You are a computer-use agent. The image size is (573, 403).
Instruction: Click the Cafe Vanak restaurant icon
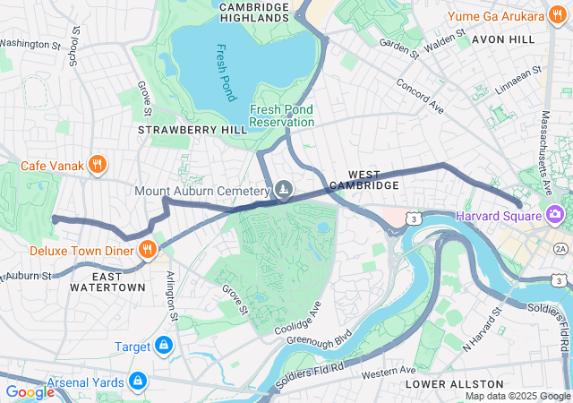(x=98, y=164)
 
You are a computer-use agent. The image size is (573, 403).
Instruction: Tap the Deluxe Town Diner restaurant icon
(x=148, y=249)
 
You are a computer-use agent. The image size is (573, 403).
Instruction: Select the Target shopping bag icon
(x=163, y=346)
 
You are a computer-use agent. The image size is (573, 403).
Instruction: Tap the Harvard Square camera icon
(x=554, y=215)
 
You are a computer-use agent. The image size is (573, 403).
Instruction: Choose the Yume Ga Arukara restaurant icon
(x=557, y=16)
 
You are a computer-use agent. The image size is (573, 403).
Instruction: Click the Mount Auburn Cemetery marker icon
(x=284, y=190)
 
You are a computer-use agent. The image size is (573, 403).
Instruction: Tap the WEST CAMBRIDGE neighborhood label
(x=364, y=179)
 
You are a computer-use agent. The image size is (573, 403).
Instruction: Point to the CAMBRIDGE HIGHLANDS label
(x=254, y=12)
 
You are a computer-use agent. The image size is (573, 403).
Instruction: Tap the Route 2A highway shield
(x=560, y=247)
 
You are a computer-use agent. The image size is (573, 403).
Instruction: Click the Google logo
(x=30, y=391)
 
